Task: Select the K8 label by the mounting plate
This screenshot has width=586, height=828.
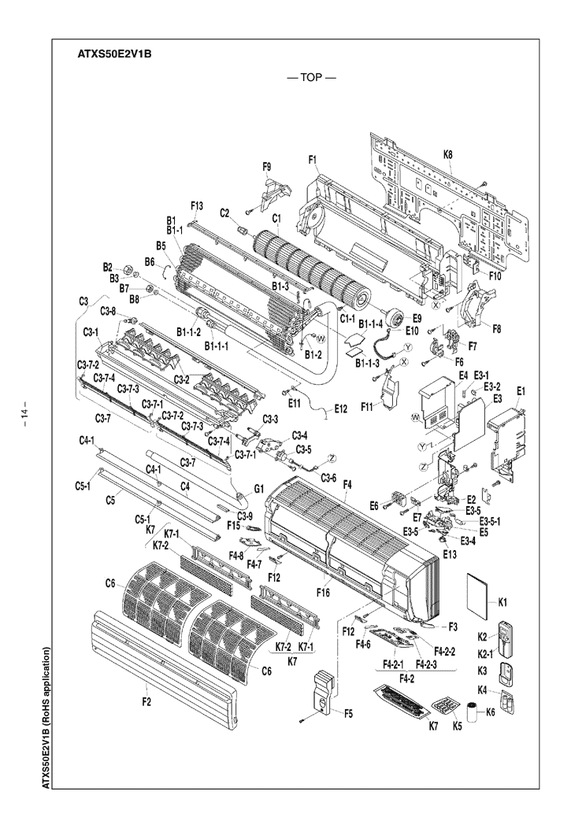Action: (x=448, y=155)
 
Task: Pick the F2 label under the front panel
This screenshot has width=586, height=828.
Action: (x=146, y=703)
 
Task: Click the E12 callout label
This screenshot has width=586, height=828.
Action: (x=341, y=408)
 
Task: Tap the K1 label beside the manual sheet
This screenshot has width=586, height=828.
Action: (x=503, y=602)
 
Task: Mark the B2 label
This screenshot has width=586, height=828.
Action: (x=109, y=268)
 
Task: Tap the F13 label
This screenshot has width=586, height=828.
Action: (x=197, y=205)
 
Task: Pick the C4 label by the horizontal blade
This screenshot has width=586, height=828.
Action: (x=186, y=486)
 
